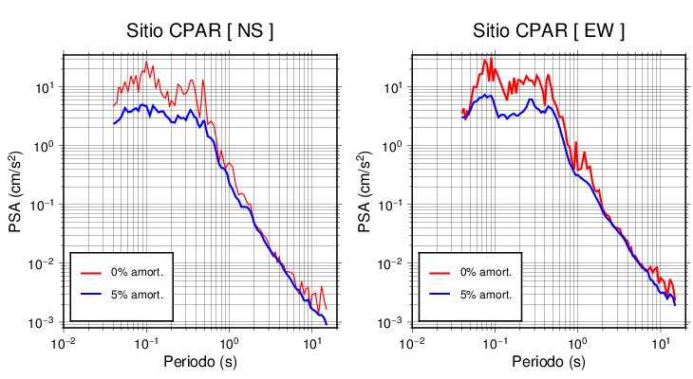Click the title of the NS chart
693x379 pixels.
tap(200, 31)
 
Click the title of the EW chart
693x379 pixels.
tap(549, 31)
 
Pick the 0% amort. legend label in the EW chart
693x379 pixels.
tap(487, 273)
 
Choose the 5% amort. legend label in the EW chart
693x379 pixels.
tap(487, 295)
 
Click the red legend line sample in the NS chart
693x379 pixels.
tap(91, 273)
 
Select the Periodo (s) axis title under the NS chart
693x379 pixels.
tap(200, 362)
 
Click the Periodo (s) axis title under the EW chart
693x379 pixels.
tap(549, 362)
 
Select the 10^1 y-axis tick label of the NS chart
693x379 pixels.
tap(44, 87)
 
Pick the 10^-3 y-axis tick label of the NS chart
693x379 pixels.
tap(44, 322)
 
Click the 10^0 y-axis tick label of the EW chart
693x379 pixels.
tap(392, 146)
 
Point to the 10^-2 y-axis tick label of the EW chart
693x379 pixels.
tap(392, 263)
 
